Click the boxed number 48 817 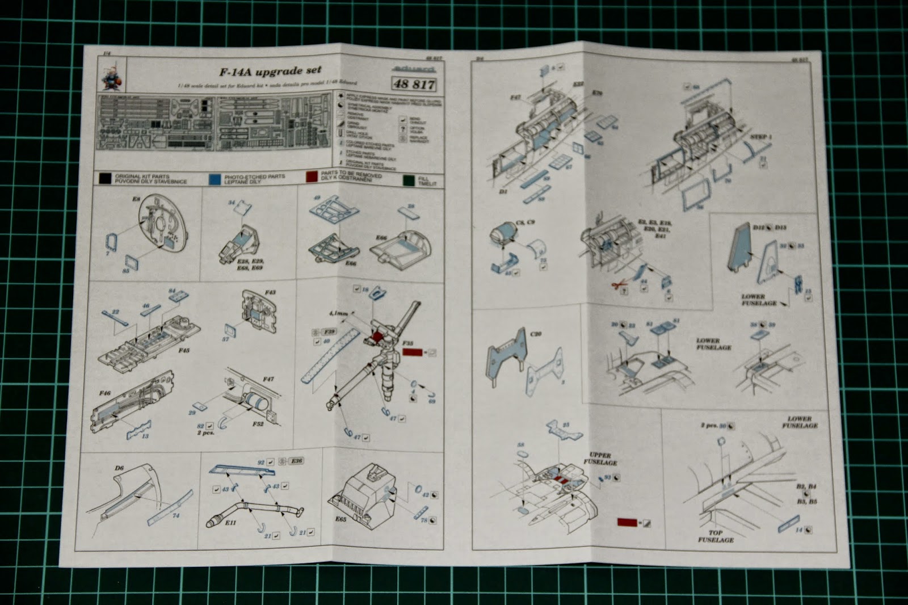click(x=414, y=85)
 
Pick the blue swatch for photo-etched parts click(x=215, y=178)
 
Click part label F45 click(x=183, y=351)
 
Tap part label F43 click(x=270, y=292)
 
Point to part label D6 click(x=119, y=468)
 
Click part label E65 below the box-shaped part click(x=340, y=519)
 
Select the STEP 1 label click(x=760, y=137)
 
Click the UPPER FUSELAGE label click(x=600, y=459)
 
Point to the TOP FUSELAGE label click(x=716, y=536)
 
